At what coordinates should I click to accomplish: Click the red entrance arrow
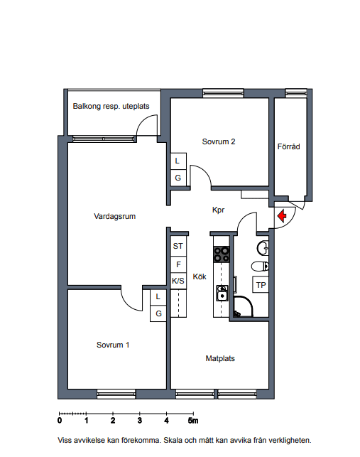pos(282,216)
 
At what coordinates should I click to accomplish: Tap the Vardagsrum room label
pos(115,216)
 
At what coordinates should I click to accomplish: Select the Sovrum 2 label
pos(219,141)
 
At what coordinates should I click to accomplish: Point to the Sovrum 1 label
pos(113,345)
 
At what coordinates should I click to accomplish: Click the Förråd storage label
pos(289,146)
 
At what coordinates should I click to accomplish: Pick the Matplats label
pos(220,358)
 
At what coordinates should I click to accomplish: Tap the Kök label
pos(200,276)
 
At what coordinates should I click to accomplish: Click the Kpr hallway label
pos(219,210)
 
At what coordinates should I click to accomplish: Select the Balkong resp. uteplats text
pos(111,106)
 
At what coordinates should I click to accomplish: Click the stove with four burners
pos(222,254)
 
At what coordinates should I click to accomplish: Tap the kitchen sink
pos(222,294)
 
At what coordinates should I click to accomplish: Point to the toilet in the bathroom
pos(260,266)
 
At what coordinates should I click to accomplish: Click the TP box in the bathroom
pos(261,285)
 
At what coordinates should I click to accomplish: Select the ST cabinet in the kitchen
pos(178,246)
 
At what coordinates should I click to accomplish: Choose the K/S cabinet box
pos(178,281)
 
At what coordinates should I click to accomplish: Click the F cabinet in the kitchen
pos(178,264)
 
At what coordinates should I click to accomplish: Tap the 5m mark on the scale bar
pos(193,420)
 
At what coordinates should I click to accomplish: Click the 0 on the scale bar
pos(60,420)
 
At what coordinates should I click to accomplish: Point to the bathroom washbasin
pos(263,248)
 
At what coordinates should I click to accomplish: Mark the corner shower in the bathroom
pos(243,306)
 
